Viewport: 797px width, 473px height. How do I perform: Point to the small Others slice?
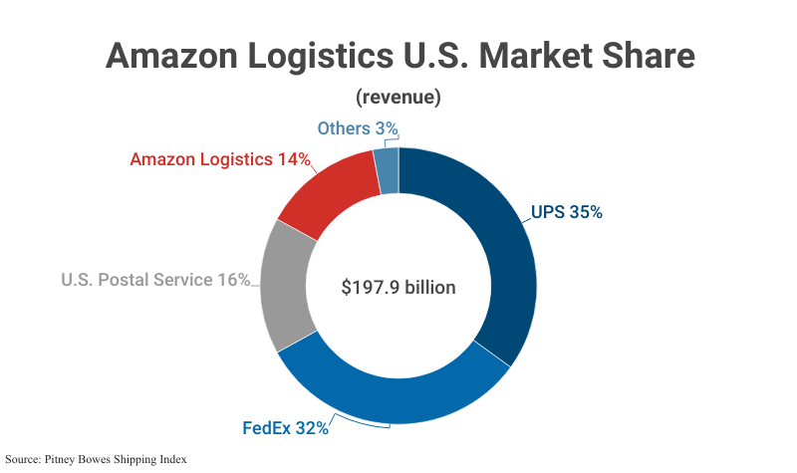coord(388,170)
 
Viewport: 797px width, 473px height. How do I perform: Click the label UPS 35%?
coord(566,212)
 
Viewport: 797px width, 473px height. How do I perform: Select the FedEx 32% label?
coord(286,429)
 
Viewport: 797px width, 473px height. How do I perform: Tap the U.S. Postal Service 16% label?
coord(155,280)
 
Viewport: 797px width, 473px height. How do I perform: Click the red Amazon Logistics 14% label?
coord(220,158)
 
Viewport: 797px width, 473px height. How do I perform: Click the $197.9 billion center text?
coord(398,288)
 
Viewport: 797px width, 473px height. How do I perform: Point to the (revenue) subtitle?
coord(398,97)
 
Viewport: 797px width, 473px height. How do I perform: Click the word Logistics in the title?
coord(317,55)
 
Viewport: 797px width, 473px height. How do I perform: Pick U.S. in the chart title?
coord(422,55)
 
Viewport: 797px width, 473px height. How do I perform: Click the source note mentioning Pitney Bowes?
coord(97,459)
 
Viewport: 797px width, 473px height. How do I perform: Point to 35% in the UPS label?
coord(586,212)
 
